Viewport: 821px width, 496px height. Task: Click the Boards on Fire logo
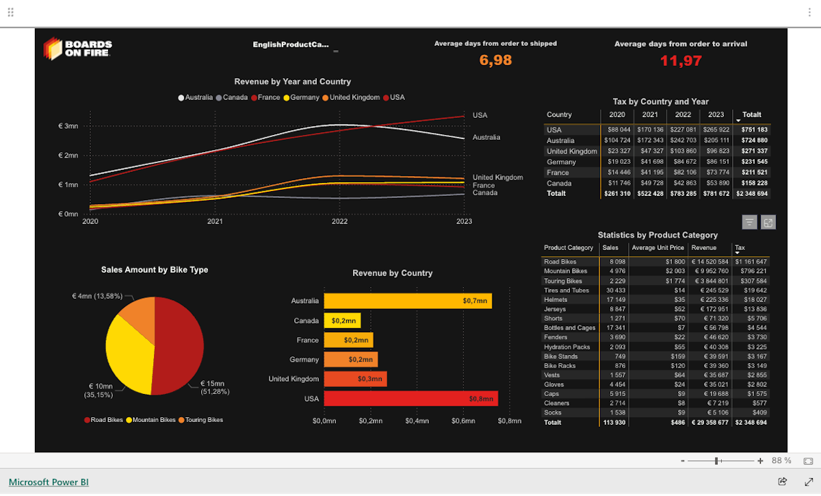(77, 48)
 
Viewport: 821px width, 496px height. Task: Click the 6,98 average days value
(495, 60)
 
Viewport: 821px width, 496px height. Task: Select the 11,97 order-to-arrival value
(681, 61)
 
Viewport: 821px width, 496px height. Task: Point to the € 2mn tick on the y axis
(68, 156)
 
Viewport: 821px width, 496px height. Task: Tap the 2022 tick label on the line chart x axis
(339, 221)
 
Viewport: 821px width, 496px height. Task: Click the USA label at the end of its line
(480, 115)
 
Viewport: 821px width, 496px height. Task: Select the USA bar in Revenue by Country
(410, 399)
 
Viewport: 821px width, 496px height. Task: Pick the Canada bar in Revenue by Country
(342, 321)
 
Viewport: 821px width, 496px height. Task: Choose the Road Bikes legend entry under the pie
(107, 420)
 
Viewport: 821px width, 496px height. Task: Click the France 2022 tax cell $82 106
(683, 173)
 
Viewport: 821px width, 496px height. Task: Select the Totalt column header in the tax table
(751, 114)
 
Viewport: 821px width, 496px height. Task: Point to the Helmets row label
(556, 299)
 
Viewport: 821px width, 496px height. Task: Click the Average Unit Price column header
(657, 247)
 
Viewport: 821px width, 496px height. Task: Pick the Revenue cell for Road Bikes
(710, 262)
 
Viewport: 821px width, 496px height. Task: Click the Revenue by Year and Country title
(292, 82)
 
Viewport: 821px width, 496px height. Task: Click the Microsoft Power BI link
(49, 482)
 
